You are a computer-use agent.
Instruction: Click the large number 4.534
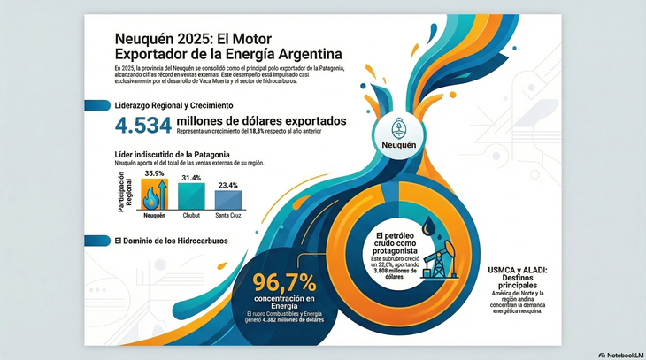pos(142,126)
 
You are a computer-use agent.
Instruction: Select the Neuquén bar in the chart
pos(154,195)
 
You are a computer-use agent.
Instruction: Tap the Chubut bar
pos(191,195)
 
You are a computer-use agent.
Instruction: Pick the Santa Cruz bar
pos(227,200)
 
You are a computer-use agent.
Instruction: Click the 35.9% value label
pos(155,174)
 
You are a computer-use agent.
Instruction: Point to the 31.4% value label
pos(191,177)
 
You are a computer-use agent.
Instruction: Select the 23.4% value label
pos(227,185)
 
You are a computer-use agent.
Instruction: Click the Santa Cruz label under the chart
pos(227,215)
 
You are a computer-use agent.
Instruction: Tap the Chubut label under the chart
pos(191,215)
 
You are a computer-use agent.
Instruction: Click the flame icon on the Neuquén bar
pos(154,196)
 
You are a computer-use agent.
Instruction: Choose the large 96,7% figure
pos(285,283)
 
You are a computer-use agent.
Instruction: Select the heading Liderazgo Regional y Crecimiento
pos(172,106)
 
